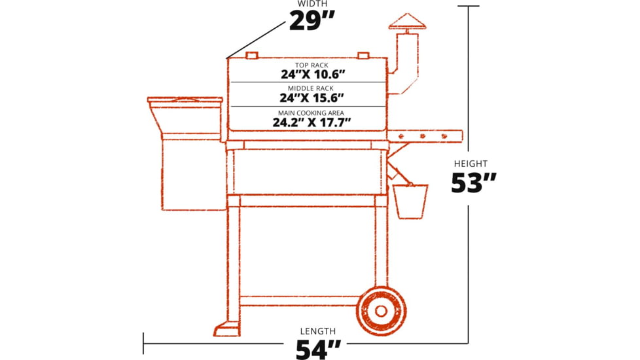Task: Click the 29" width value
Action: (x=312, y=21)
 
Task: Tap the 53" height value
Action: (x=474, y=183)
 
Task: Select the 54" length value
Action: (x=318, y=349)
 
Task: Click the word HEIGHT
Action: (x=471, y=164)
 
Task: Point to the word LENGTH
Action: (x=318, y=331)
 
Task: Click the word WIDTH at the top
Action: (x=312, y=4)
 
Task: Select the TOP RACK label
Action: (x=312, y=65)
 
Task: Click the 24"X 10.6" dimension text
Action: (x=313, y=74)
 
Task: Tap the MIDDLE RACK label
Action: (x=311, y=88)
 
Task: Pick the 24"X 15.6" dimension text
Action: (x=312, y=98)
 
